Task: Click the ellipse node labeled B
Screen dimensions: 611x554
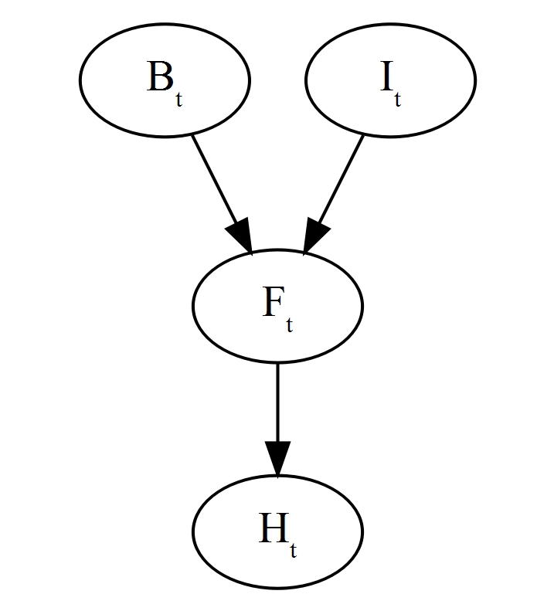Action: pos(165,80)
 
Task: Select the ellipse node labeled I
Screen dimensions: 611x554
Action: pos(390,80)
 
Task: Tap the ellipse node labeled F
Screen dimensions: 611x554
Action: pos(277,306)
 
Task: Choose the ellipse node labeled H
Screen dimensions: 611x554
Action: pos(277,532)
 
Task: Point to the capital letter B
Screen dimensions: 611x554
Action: pos(158,79)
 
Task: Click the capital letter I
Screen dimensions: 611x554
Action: pos(386,79)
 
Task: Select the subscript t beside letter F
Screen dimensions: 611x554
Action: pos(289,326)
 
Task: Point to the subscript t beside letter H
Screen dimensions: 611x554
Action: pos(293,552)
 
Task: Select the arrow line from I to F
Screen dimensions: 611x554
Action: pos(340,178)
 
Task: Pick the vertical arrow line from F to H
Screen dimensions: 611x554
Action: pos(277,402)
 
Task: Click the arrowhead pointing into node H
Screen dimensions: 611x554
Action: pos(277,460)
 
